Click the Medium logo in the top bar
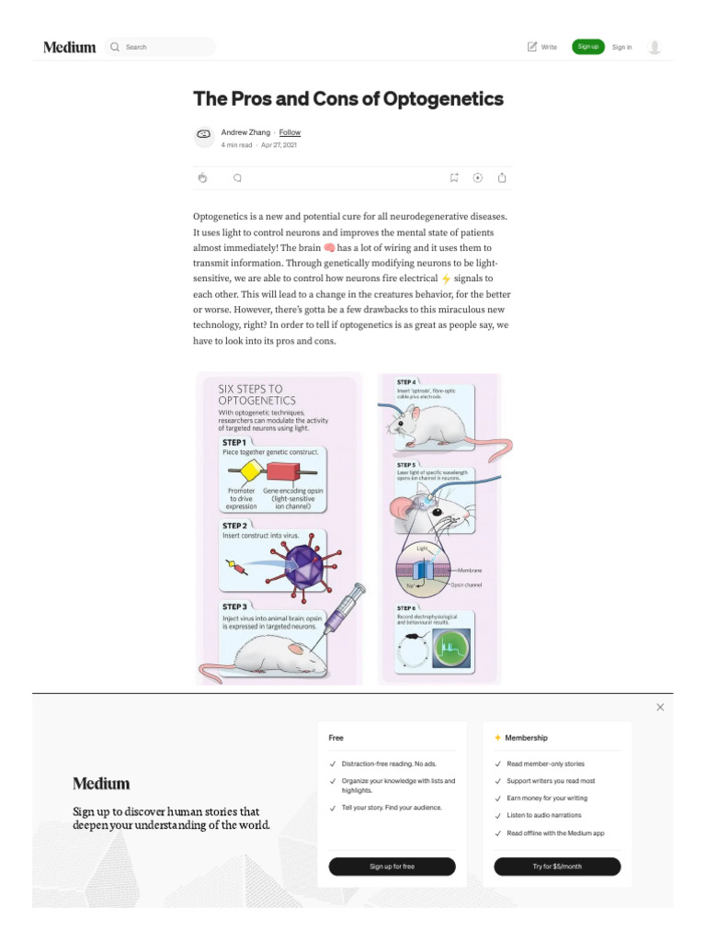tap(70, 47)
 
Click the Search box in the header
tap(161, 47)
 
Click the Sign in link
tap(621, 47)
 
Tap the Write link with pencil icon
tap(542, 47)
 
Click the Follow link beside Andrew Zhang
tap(290, 132)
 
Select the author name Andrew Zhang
tap(245, 132)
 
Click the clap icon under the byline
tap(202, 178)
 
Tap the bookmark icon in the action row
tap(454, 178)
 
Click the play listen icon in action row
tap(478, 178)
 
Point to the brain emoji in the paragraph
tap(329, 248)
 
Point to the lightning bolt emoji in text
tap(447, 278)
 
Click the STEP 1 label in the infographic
tap(234, 442)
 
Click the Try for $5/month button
tap(557, 867)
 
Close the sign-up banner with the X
tap(660, 707)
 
